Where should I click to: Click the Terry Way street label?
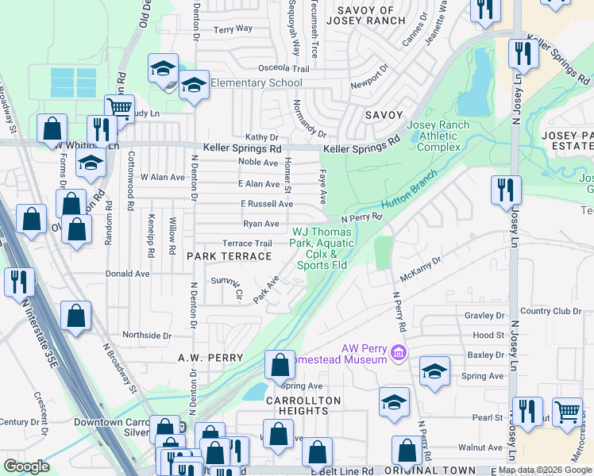click(233, 29)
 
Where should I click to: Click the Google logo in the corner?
click(27, 466)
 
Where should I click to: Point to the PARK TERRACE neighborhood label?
click(229, 256)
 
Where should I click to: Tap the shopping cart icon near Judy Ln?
click(119, 107)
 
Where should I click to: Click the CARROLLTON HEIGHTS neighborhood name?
click(303, 406)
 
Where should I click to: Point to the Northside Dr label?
click(145, 336)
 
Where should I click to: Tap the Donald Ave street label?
click(128, 274)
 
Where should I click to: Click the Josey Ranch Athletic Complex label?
click(433, 136)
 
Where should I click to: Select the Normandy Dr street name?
click(310, 118)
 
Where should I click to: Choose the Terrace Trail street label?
click(247, 244)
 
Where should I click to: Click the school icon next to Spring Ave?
click(434, 371)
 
